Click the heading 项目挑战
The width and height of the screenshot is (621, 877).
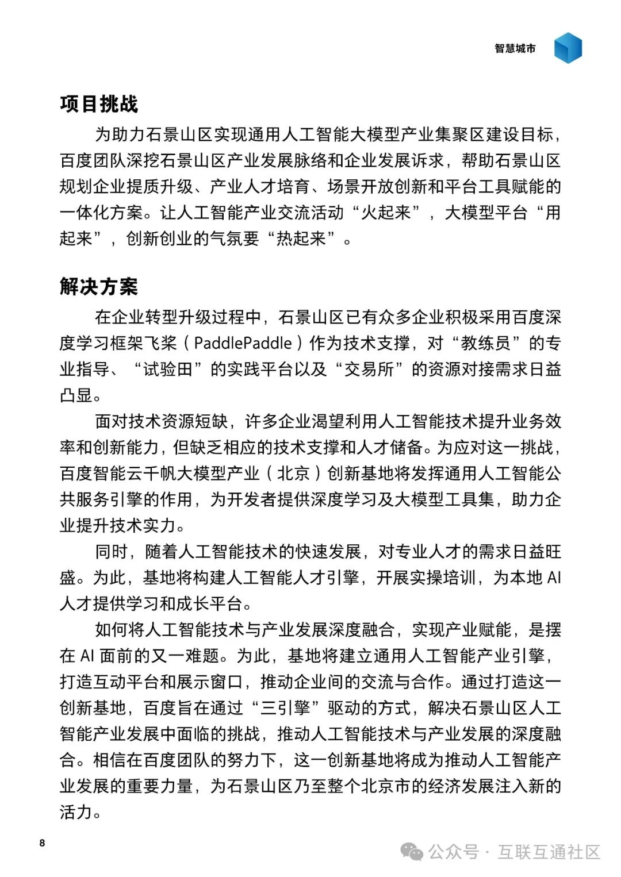99,104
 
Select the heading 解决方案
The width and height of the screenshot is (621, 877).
99,286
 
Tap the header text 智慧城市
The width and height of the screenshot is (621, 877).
515,49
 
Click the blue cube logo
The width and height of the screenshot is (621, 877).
568,48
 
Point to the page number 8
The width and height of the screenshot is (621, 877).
42,843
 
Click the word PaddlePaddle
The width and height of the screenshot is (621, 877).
243,343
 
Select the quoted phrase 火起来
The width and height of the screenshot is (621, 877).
386,213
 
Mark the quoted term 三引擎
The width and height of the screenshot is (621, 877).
285,708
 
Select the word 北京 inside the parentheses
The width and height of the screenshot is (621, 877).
293,474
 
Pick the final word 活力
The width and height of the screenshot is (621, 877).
76,812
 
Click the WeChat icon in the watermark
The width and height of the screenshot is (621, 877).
412,851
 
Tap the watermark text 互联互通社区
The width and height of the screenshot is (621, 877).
549,851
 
